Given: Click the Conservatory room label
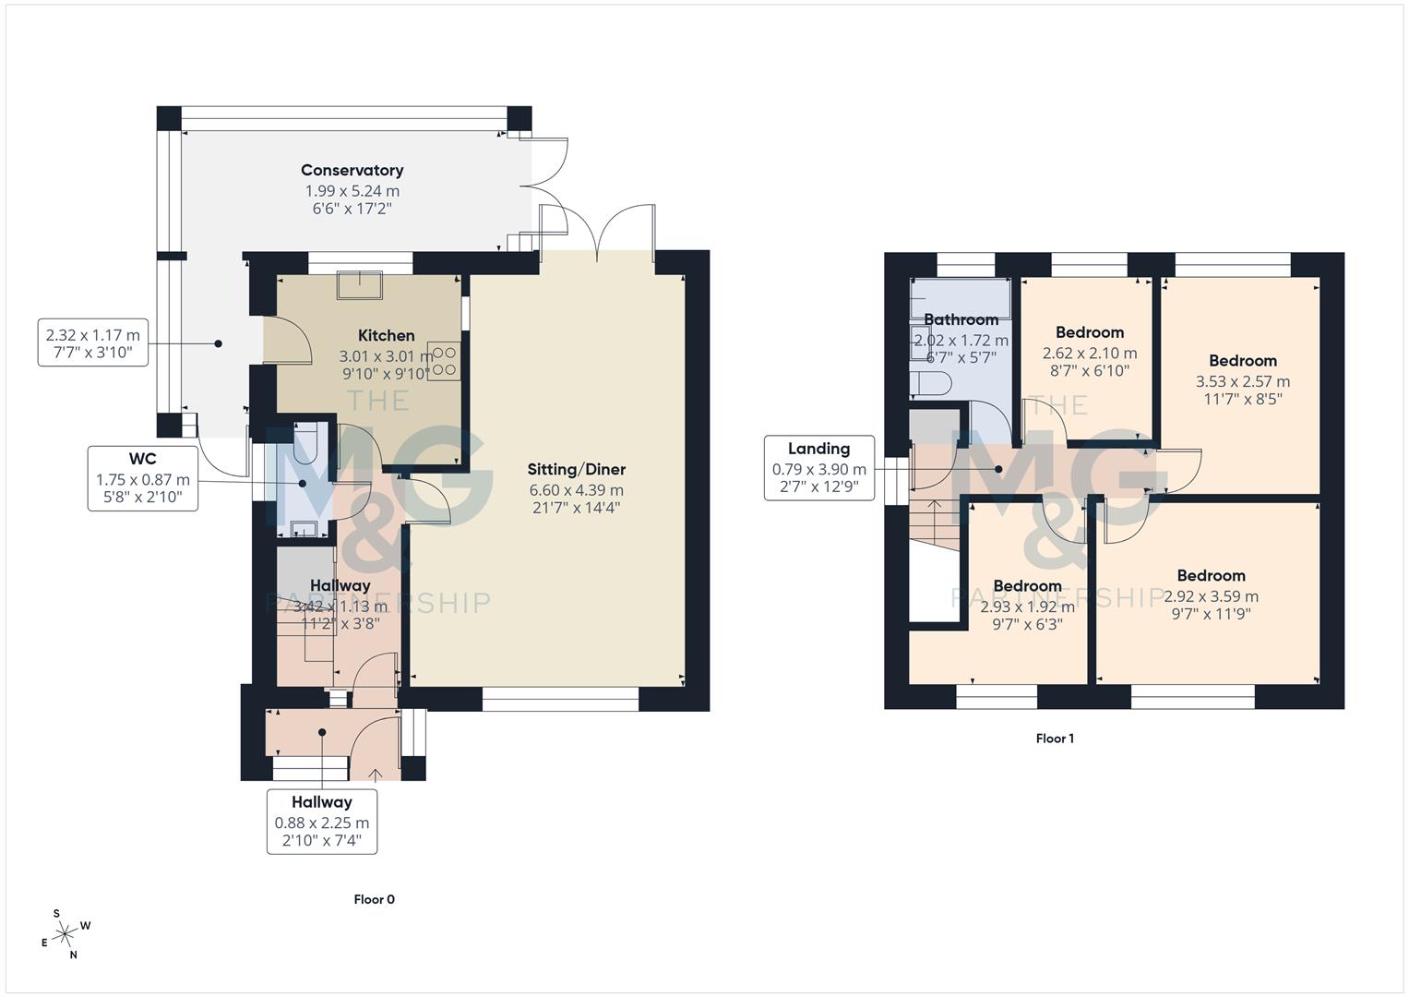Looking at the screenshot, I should pos(352,171).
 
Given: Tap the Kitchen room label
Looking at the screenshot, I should pos(386,336).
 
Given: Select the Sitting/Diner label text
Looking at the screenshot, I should pos(576,470).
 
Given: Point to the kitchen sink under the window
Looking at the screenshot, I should pos(360,285).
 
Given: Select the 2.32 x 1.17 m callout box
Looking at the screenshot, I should pos(93,342).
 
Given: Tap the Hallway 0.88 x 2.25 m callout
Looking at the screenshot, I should pos(321,822).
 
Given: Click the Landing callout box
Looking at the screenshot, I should pos(818,468).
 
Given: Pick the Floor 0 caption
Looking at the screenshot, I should pos(374,900).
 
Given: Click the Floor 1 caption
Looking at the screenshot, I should pos(1055,739).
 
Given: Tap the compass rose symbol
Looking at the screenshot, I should pos(65,935).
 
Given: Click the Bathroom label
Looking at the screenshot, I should pos(961,320).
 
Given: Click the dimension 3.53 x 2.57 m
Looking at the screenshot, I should pos(1242,381).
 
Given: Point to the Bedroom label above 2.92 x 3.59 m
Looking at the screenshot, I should pos(1211,576).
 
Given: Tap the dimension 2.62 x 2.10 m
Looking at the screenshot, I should pos(1089,354).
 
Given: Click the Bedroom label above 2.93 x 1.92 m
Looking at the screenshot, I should pos(1027,586).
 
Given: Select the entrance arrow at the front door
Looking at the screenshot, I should pos(376,774).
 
